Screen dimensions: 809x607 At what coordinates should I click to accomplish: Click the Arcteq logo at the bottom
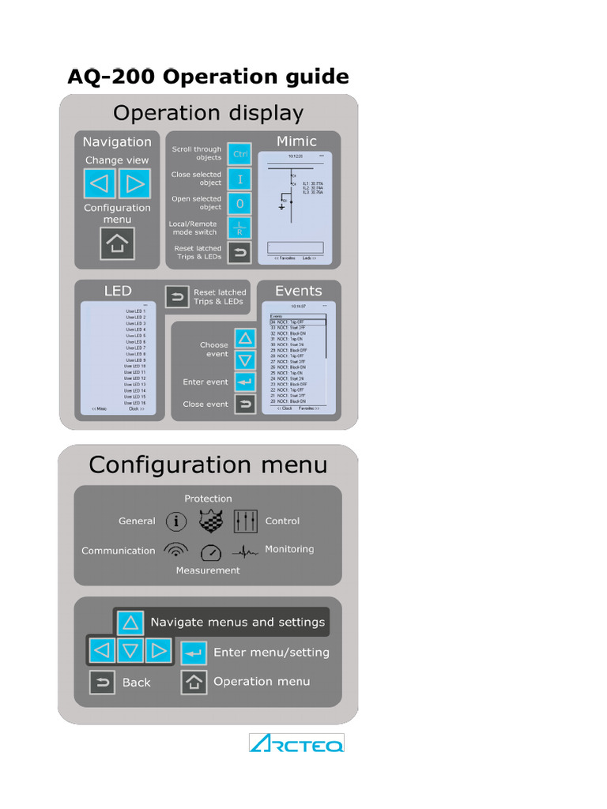[x=296, y=743]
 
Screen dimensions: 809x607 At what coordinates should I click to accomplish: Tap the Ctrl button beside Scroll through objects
[x=239, y=154]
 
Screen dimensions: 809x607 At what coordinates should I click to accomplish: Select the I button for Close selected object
[x=239, y=179]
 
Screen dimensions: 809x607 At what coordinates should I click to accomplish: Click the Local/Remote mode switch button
[x=239, y=228]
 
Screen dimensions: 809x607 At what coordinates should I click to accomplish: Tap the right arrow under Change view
[x=134, y=184]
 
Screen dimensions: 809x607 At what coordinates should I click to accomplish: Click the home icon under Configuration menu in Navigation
[x=117, y=243]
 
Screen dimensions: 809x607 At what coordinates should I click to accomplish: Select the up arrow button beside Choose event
[x=245, y=339]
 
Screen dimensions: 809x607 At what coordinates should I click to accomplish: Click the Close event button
[x=245, y=404]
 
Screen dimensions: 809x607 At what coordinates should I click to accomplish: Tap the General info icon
[x=176, y=521]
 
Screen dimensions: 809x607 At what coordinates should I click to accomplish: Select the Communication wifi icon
[x=175, y=551]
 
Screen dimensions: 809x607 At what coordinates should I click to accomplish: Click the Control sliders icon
[x=246, y=521]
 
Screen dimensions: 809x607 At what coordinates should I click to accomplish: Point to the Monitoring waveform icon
[x=246, y=551]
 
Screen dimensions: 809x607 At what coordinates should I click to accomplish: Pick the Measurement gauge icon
[x=210, y=552]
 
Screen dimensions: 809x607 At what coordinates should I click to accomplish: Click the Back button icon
[x=102, y=683]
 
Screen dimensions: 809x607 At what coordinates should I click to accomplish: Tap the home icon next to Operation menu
[x=194, y=682]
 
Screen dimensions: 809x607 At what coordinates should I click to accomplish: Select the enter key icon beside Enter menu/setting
[x=194, y=653]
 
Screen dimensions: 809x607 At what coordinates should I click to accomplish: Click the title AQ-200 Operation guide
[x=208, y=77]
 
